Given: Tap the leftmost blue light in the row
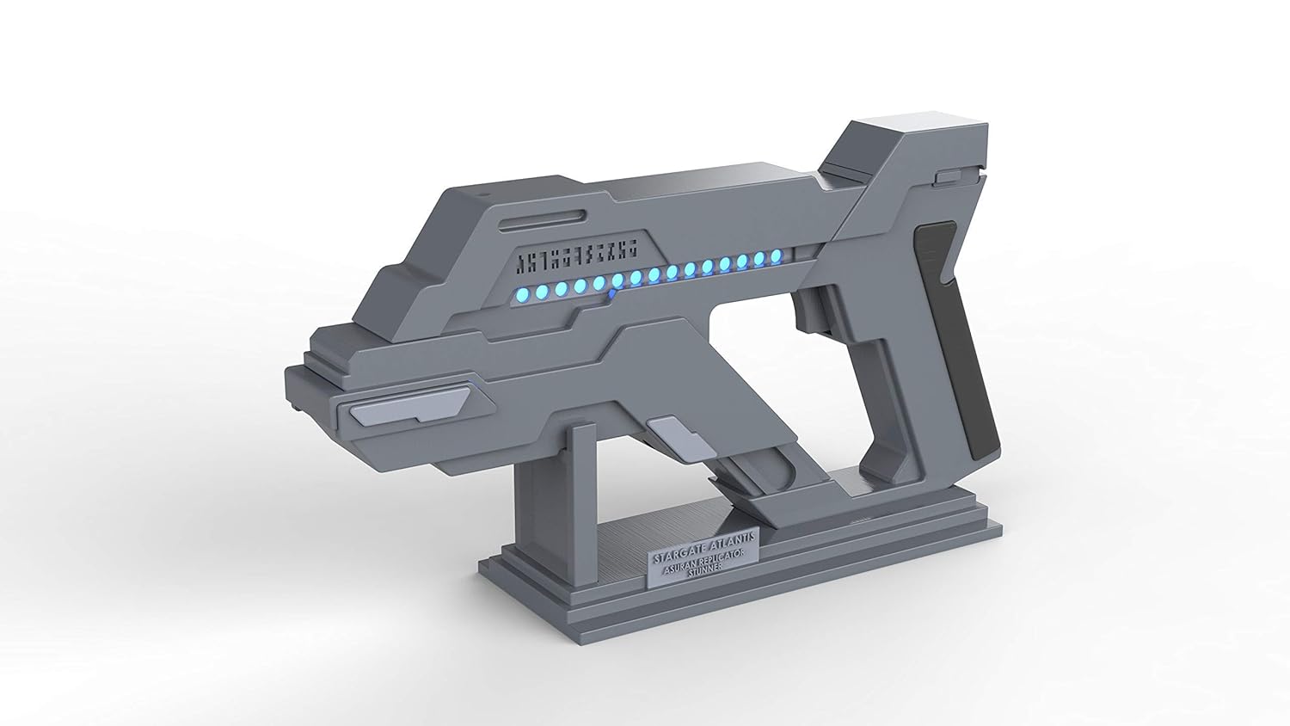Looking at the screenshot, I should pyautogui.click(x=523, y=292).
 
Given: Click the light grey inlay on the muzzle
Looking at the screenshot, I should pyautogui.click(x=404, y=408).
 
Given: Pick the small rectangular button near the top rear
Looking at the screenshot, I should pyautogui.click(x=949, y=177).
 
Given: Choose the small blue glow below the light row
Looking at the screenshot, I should pyautogui.click(x=611, y=293).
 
